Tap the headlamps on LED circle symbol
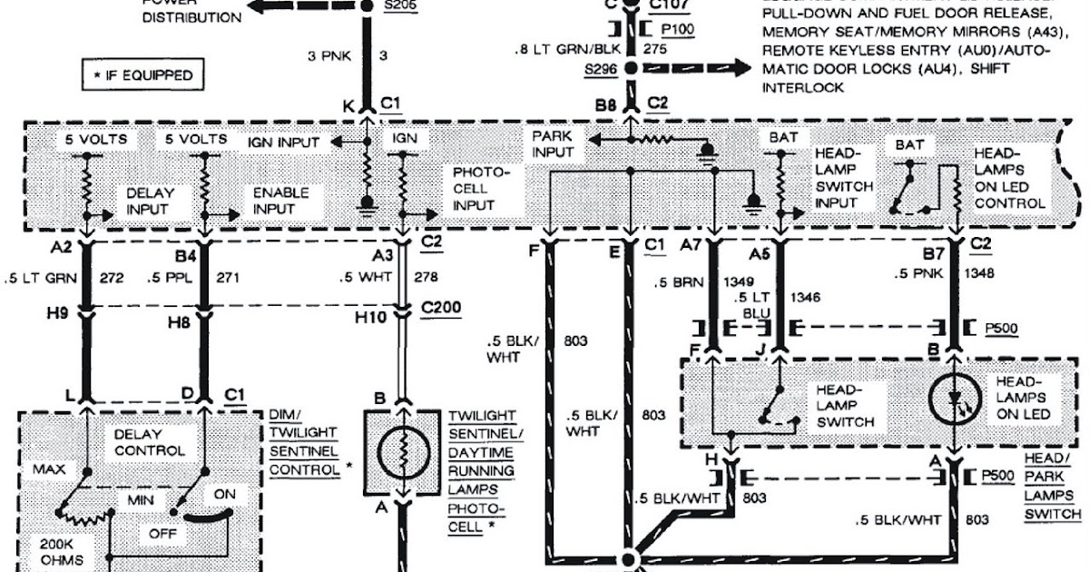[x=954, y=400]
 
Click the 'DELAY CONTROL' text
[x=150, y=442]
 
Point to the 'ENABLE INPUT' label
[x=280, y=200]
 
